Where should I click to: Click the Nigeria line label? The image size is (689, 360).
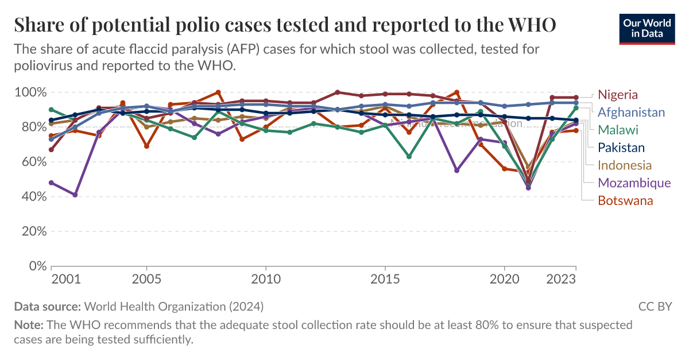click(618, 95)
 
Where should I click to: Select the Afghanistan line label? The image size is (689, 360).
click(631, 113)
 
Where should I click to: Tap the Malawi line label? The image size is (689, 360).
click(618, 130)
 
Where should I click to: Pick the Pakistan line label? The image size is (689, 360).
click(621, 148)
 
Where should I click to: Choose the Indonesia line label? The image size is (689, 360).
click(625, 165)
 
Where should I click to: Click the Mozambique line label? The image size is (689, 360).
click(634, 183)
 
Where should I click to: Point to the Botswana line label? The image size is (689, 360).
click(625, 200)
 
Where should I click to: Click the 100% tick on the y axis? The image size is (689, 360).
click(30, 92)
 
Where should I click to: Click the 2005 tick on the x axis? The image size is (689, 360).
click(146, 280)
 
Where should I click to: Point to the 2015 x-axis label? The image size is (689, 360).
click(384, 280)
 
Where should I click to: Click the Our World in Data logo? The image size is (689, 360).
click(647, 27)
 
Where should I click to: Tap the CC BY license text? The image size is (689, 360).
click(655, 307)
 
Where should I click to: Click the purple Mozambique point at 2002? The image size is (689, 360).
click(75, 195)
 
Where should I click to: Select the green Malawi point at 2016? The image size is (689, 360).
click(409, 157)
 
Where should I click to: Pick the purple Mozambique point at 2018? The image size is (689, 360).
click(456, 171)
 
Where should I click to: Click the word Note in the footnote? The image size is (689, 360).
click(25, 325)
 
